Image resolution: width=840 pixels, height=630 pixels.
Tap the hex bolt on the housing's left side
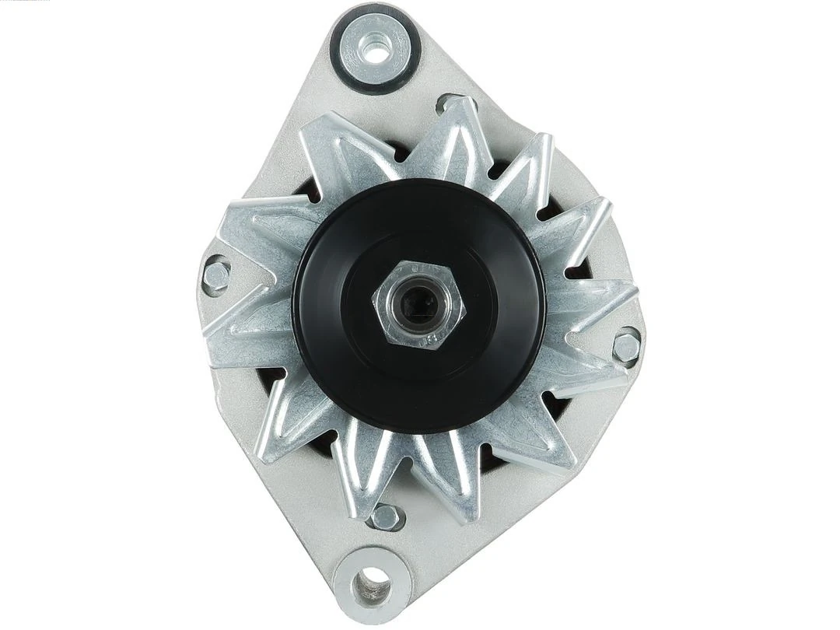[215, 274]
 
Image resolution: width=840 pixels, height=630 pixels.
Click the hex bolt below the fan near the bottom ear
[384, 516]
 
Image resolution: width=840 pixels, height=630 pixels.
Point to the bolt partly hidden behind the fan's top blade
[450, 103]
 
